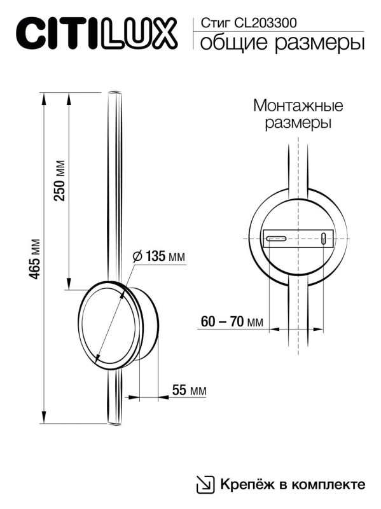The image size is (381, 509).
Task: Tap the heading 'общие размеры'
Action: (282, 43)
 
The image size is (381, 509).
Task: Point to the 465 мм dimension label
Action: (36, 259)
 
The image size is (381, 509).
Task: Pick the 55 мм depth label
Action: (189, 391)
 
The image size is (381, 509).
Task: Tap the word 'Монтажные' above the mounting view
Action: (298, 105)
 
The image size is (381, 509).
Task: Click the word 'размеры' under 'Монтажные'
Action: (298, 123)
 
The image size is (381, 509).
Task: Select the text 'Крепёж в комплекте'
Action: (293, 484)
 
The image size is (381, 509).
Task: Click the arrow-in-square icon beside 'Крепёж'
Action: (205, 484)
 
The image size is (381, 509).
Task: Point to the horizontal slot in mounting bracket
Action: (276, 239)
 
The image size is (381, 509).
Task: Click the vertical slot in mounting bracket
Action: (324, 239)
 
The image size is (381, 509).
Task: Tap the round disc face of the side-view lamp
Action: (108, 324)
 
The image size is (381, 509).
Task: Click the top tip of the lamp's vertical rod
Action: (113, 94)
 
